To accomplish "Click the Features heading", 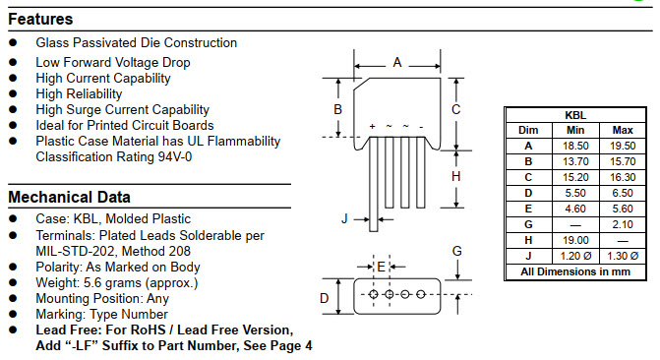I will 40,19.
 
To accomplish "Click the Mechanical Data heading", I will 69,197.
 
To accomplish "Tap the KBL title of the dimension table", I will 575,115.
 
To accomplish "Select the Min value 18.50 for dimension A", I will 575,145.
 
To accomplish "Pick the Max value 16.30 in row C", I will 623,176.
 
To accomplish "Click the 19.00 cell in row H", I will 575,239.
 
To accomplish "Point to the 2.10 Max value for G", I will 623,223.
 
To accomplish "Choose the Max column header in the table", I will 623,130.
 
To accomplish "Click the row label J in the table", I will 528,255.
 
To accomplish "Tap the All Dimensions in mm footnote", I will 575,271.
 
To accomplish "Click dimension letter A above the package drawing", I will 397,62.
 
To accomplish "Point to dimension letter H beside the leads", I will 455,176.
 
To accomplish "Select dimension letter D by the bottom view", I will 324,297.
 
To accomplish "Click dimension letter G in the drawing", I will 456,251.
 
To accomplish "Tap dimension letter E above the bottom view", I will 382,266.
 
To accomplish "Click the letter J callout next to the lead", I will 344,218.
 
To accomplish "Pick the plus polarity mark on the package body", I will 372,127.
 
